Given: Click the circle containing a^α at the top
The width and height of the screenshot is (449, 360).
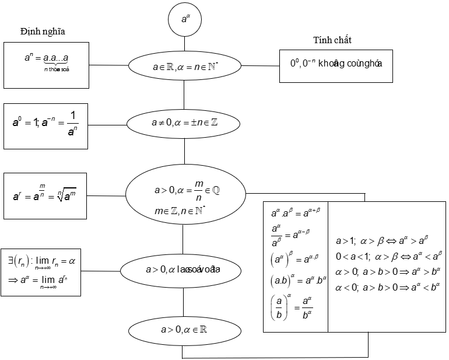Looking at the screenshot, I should (x=185, y=19).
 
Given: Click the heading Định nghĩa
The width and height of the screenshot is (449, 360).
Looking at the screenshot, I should (x=42, y=32).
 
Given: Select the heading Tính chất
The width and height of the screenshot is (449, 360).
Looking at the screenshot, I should (x=332, y=40).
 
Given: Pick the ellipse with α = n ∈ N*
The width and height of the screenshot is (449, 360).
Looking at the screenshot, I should (x=184, y=66).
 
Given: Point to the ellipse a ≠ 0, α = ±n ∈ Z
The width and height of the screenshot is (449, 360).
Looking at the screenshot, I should (x=184, y=123).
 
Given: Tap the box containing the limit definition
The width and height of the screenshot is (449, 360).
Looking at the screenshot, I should (x=41, y=271).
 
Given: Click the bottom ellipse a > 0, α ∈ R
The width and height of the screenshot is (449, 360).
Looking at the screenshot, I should (x=184, y=330).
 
